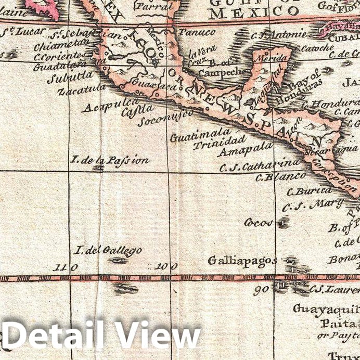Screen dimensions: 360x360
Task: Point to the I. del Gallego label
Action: pyautogui.click(x=107, y=251)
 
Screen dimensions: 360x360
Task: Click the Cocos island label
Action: pyautogui.click(x=259, y=223)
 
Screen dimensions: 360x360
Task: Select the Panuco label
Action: pyautogui.click(x=197, y=32)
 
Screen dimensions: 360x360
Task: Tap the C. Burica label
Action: pyautogui.click(x=309, y=190)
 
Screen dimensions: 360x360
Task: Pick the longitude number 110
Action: pyautogui.click(x=67, y=267)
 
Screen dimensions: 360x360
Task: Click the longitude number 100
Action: pyautogui.click(x=166, y=266)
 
